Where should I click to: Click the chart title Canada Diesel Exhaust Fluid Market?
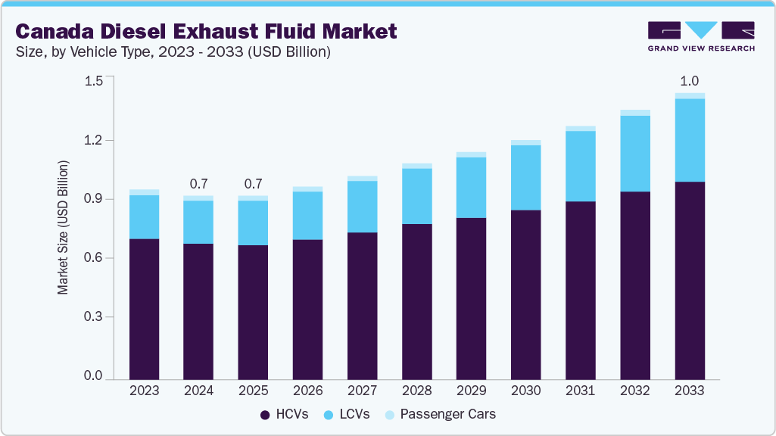coord(206,32)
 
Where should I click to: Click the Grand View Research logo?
coord(701,36)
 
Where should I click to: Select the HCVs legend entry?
coord(285,414)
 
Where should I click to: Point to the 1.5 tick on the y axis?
coord(93,82)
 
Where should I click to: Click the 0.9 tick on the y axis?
coord(93,199)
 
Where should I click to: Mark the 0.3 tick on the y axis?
coord(93,317)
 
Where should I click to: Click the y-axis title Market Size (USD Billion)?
coord(64,228)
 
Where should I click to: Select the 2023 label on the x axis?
coord(144,391)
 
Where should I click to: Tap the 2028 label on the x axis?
coord(416,391)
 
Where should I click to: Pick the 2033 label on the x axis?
coord(689,391)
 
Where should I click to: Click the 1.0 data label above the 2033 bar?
coord(689,81)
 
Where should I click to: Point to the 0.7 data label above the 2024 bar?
coord(198,184)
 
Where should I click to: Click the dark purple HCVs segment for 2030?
coord(525,294)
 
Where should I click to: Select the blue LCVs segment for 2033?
coord(689,140)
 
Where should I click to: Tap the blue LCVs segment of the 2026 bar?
coord(307,216)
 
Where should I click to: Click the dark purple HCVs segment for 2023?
coord(144,309)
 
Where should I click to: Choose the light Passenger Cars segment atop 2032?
coord(634,113)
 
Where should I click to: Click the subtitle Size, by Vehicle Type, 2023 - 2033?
coord(173,52)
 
